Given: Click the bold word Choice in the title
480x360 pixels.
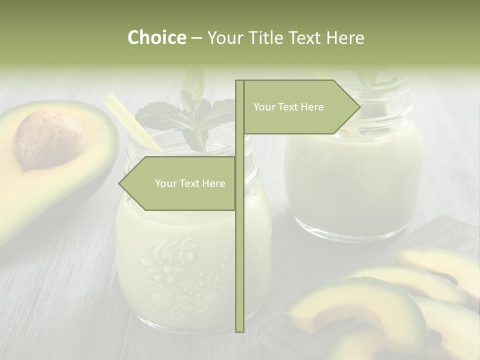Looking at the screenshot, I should [156, 37].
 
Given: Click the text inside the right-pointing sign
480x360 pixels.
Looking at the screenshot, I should [288, 107].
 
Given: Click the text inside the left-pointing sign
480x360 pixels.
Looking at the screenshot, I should [190, 183].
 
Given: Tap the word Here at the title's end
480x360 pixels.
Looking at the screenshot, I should [345, 37].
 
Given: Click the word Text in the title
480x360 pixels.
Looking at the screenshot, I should [304, 37].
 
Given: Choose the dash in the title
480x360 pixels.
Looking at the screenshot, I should [196, 38].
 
